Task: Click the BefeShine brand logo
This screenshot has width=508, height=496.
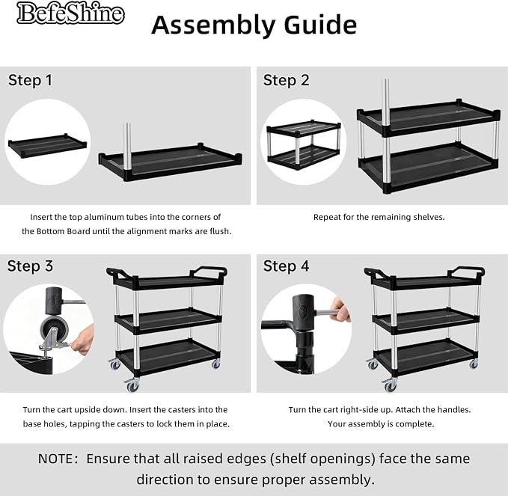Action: (x=70, y=13)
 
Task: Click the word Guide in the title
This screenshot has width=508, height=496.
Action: (x=320, y=25)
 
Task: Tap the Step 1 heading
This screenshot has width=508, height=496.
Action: (x=30, y=80)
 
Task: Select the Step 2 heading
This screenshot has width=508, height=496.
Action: (x=286, y=80)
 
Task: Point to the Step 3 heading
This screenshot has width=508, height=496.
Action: (x=30, y=266)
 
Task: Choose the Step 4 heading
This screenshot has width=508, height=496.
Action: (x=286, y=266)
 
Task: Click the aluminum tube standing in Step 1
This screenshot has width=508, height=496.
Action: (x=128, y=147)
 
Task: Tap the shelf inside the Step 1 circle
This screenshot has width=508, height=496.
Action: (x=48, y=144)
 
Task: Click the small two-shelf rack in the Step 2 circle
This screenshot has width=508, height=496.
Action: (x=304, y=144)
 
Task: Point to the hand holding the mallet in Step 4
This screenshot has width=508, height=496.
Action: (x=340, y=310)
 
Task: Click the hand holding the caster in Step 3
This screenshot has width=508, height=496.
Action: (x=83, y=340)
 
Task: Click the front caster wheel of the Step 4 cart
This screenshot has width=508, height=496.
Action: (x=390, y=385)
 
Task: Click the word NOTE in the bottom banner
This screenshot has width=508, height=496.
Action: (x=55, y=459)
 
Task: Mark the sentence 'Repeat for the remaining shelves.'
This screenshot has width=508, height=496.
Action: (x=379, y=217)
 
